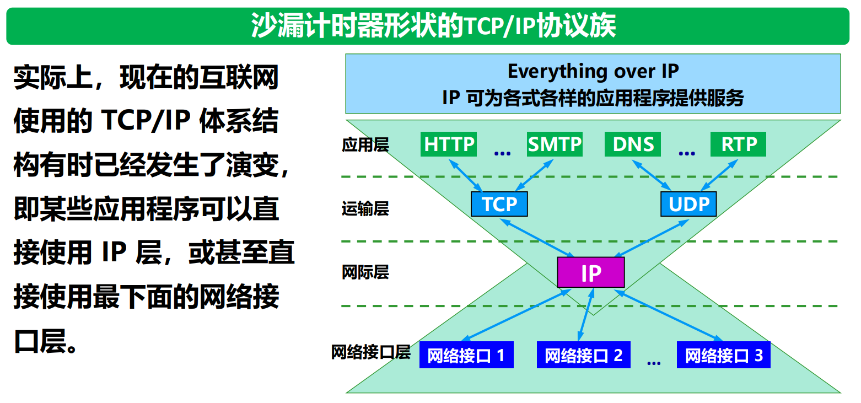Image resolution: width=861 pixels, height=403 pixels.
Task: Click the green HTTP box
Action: [x=449, y=144]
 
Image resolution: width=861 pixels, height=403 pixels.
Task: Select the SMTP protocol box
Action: [x=555, y=144]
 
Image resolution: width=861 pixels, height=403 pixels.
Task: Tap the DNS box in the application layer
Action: [x=633, y=144]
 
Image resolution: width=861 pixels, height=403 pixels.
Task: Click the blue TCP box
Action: [x=499, y=204]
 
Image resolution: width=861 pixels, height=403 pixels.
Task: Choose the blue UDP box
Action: [x=688, y=204]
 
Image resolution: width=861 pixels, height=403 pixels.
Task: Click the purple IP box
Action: [x=591, y=272]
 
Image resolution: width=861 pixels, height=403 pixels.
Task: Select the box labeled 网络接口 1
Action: [x=466, y=355]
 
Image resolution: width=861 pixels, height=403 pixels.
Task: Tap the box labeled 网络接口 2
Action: [x=584, y=355]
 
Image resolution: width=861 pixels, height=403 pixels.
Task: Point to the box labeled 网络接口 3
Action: [x=724, y=355]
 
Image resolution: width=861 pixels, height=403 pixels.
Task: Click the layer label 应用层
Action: [x=365, y=145]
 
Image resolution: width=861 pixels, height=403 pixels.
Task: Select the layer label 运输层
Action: [x=365, y=209]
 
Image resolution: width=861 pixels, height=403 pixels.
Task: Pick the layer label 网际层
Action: [x=365, y=272]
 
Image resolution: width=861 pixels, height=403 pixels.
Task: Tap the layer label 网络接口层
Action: [x=370, y=352]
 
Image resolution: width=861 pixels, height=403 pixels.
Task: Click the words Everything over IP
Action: [x=593, y=72]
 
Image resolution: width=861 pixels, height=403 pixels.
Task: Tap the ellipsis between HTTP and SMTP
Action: [x=502, y=153]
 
